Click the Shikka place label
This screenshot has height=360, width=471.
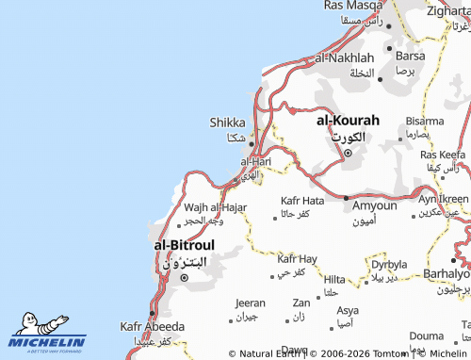point(227,123)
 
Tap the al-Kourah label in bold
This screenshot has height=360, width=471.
point(348,121)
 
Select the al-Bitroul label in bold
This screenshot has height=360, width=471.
point(184,245)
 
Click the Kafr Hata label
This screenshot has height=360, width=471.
point(302,201)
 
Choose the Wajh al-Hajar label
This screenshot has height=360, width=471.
point(216,207)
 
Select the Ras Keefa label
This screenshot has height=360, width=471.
point(443,154)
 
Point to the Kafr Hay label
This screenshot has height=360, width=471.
point(297,258)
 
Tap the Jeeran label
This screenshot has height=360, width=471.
point(250,303)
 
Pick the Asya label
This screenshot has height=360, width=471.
point(348,310)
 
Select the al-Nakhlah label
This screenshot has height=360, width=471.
point(345,57)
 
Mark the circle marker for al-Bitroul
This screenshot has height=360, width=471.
point(185,277)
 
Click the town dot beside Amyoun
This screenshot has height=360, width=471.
point(347,199)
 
